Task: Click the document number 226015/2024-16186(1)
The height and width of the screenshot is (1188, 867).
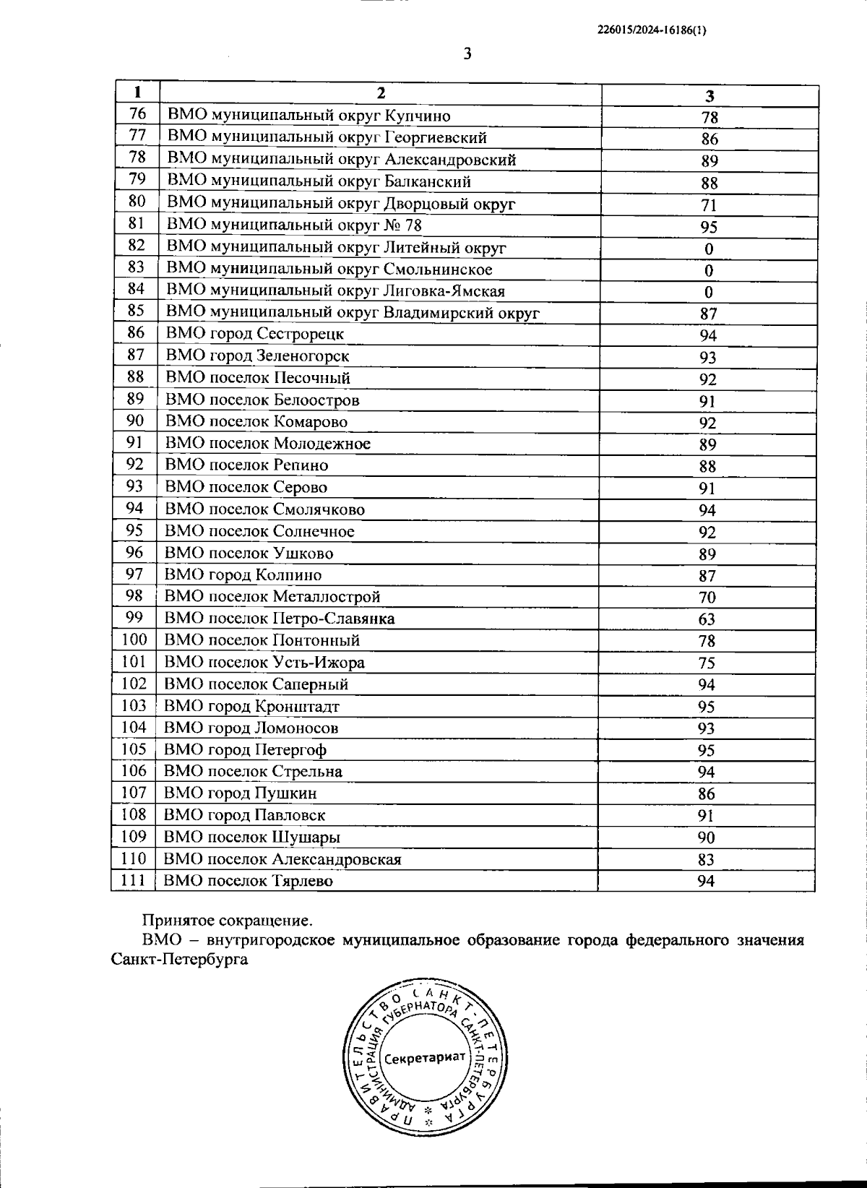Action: [652, 30]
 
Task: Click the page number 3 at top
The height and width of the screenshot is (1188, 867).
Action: [467, 54]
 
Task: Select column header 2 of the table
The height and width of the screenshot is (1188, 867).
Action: [381, 93]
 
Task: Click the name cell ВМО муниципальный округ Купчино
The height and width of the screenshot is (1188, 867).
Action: [309, 116]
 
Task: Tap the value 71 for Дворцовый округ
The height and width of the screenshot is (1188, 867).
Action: [709, 205]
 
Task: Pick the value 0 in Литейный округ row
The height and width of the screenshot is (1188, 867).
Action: [709, 249]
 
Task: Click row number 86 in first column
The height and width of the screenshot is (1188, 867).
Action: [136, 332]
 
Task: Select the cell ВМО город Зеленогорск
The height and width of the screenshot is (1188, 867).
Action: [257, 356]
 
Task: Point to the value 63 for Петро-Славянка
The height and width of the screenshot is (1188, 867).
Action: [707, 619]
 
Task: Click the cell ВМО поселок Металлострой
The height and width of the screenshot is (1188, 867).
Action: [272, 597]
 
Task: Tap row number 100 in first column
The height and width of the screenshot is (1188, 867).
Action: [134, 640]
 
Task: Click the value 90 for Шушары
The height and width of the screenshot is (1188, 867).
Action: [706, 838]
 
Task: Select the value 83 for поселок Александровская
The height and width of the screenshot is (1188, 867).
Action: [706, 859]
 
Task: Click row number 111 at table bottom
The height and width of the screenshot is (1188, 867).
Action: [134, 880]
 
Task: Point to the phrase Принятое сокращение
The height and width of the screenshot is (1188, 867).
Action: [228, 921]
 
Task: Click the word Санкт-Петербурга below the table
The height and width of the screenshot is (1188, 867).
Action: [180, 960]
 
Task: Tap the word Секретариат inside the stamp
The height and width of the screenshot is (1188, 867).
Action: [425, 1058]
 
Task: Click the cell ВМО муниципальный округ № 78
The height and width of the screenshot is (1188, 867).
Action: [294, 225]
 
